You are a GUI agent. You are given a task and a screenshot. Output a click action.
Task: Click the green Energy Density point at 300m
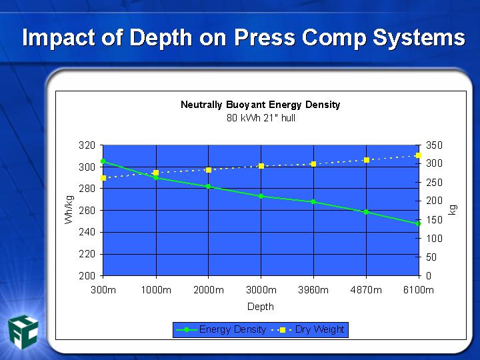103,161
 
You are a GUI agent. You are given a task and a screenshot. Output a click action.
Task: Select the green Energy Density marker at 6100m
418,224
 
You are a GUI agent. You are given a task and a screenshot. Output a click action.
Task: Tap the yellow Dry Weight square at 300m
103,178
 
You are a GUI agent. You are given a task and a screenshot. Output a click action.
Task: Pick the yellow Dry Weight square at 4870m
367,160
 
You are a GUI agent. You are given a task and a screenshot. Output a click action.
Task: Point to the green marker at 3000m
261,196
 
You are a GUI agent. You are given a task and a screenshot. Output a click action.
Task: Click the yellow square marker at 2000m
209,170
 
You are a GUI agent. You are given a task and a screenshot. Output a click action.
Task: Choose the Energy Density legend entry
221,330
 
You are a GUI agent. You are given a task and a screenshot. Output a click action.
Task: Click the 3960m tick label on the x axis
313,290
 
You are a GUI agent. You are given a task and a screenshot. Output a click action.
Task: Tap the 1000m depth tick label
156,290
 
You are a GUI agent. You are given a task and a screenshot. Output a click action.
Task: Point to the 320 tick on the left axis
87,145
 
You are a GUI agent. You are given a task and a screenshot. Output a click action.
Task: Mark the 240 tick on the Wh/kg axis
87,232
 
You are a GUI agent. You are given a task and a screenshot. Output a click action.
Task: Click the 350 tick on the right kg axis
435,145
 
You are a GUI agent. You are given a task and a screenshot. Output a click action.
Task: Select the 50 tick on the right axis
431,257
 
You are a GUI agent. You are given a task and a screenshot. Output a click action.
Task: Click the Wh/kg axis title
69,210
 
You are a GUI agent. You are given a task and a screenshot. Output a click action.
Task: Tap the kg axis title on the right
453,210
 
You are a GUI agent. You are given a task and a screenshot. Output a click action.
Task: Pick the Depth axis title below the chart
261,307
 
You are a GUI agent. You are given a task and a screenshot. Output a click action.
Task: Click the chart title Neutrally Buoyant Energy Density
261,105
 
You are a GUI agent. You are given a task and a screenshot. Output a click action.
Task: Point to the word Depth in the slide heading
161,38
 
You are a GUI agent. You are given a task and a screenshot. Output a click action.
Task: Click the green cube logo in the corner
23,332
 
